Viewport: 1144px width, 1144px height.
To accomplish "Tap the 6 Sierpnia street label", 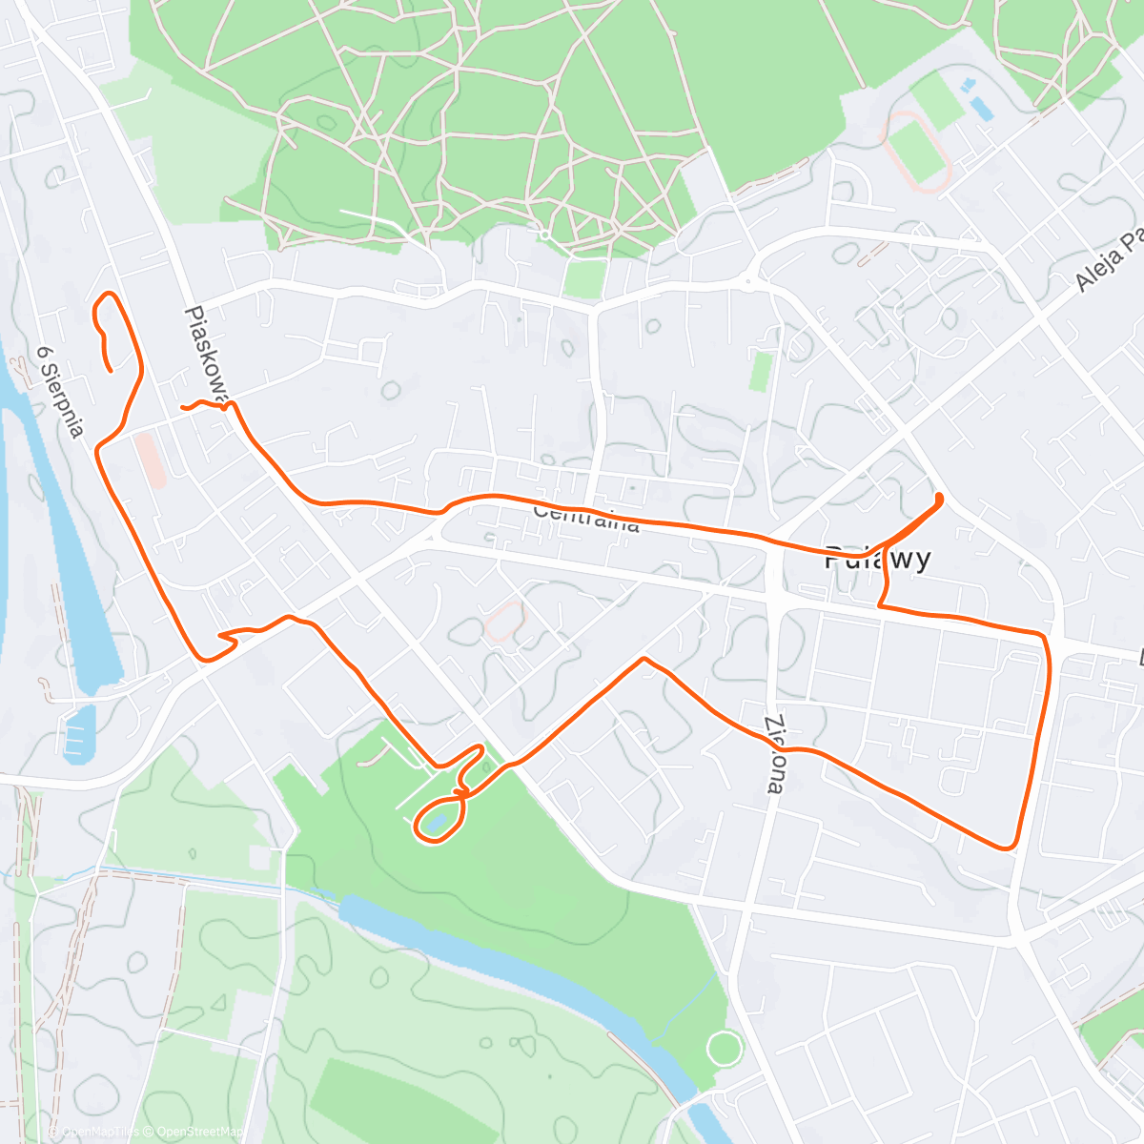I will [x=60, y=391].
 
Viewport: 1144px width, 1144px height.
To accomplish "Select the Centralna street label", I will [x=585, y=518].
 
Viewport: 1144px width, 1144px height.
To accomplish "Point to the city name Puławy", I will [x=877, y=558].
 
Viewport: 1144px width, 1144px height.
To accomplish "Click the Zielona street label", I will [x=775, y=754].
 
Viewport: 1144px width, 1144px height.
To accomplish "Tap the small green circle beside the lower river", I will [x=725, y=1049].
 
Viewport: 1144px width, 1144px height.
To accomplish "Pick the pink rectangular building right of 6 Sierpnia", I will [x=151, y=460].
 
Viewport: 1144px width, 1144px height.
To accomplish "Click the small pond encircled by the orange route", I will [x=436, y=822].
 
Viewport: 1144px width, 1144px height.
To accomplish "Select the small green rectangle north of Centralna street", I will [x=759, y=372].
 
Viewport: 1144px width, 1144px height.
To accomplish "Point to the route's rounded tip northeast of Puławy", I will [x=940, y=497].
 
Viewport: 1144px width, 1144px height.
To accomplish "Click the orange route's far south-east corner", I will [x=1008, y=846].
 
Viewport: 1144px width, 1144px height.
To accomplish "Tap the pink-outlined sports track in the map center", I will [x=504, y=623].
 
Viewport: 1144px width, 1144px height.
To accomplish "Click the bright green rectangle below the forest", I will [x=584, y=277].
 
